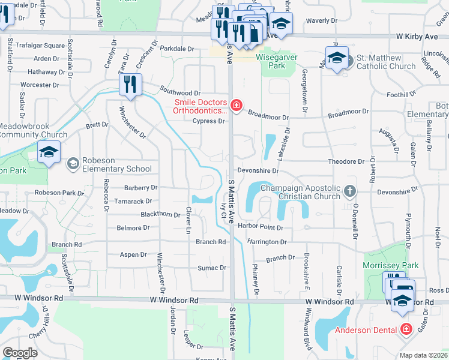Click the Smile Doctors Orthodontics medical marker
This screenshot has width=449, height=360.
click(x=237, y=106)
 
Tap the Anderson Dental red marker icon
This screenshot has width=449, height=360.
click(x=406, y=329)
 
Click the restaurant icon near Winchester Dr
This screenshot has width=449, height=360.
click(x=130, y=85)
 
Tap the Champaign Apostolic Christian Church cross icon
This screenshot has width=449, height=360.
click(x=351, y=192)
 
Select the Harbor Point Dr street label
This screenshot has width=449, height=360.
click(x=260, y=227)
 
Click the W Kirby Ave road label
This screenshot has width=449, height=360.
click(x=417, y=37)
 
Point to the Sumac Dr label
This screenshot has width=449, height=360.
click(x=214, y=268)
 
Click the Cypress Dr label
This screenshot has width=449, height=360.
click(x=209, y=121)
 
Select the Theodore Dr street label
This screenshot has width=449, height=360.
click(x=346, y=162)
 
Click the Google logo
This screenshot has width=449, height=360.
click(x=20, y=352)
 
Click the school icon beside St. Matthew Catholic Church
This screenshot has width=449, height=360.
click(x=336, y=59)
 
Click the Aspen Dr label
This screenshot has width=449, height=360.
click(x=134, y=255)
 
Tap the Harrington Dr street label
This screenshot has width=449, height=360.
click(x=267, y=242)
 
